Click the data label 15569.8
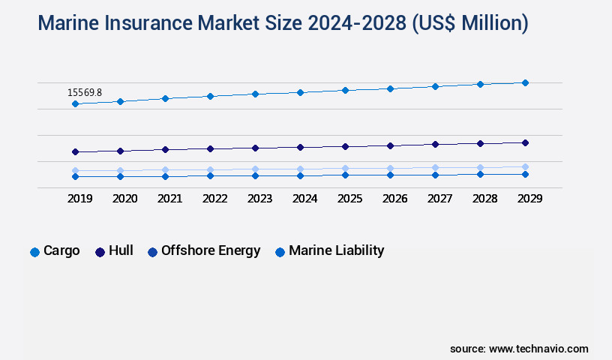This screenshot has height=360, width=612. [85, 92]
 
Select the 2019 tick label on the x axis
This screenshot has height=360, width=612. [79, 199]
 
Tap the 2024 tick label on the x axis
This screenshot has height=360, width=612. [304, 199]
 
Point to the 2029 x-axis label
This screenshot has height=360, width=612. [529, 199]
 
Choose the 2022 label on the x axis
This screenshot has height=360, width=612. [214, 199]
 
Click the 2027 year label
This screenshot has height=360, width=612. [439, 199]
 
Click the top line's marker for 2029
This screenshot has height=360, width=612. [525, 82]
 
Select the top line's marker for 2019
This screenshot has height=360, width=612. [75, 103]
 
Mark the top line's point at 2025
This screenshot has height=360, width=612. [345, 90]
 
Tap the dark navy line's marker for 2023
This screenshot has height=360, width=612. [255, 148]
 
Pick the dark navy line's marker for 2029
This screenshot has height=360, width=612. [525, 142]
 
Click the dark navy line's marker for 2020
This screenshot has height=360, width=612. [120, 151]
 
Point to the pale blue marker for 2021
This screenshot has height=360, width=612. [165, 170]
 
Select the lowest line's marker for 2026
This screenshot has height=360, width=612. [390, 175]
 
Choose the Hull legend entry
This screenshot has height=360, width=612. [114, 251]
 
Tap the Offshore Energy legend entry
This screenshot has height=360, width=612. [204, 251]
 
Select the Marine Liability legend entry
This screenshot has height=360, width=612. [329, 251]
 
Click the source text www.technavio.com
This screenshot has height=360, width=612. [538, 349]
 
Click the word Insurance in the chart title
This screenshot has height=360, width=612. [153, 23]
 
